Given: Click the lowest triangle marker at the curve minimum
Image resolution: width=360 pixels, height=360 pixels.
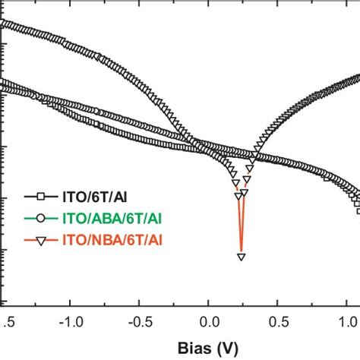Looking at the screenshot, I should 242,257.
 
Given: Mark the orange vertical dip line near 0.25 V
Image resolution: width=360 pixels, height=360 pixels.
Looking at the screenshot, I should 242,228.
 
